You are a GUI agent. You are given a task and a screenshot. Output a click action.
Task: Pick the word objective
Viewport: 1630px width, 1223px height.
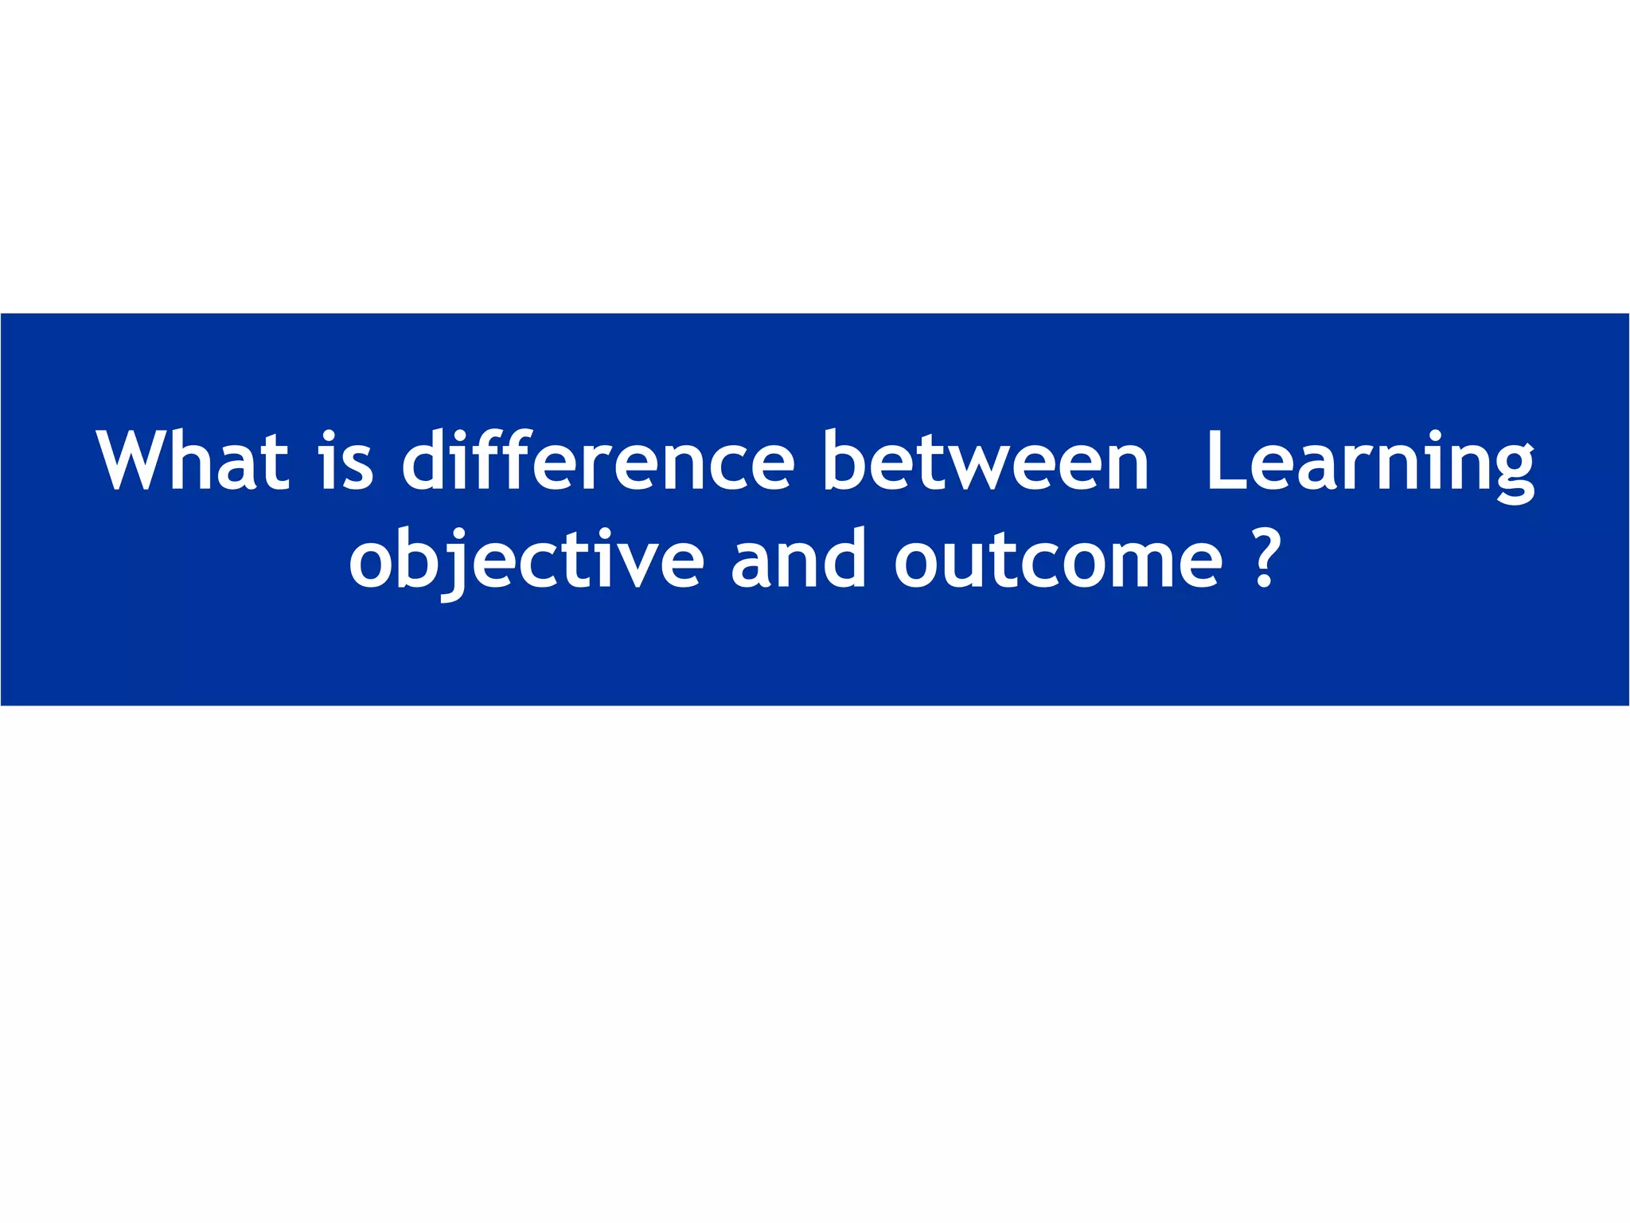click(x=526, y=559)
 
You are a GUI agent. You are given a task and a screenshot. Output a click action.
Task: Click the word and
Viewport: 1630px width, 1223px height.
click(x=797, y=559)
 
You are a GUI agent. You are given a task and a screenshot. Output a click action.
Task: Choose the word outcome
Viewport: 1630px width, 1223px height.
click(x=1058, y=559)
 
